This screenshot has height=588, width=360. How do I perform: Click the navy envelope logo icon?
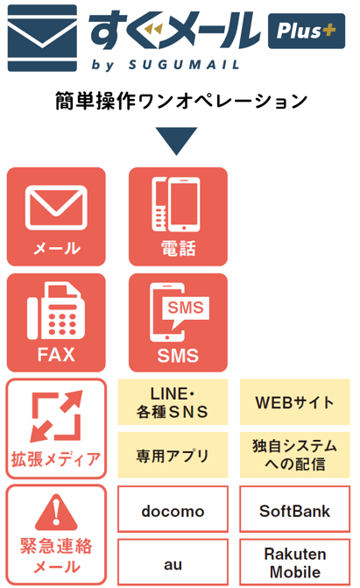coord(42,38)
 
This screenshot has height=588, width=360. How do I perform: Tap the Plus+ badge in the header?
coord(307,32)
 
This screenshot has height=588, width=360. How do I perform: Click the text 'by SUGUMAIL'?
coord(166,65)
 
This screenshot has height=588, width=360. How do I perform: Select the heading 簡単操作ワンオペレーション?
coord(181,101)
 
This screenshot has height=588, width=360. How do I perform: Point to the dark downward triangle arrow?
coord(177,139)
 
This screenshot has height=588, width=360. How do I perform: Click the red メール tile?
coord(56,216)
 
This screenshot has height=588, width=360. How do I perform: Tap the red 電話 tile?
coord(178,216)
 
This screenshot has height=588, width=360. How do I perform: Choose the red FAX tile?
coord(56,322)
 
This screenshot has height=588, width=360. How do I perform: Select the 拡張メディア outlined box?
coord(56,429)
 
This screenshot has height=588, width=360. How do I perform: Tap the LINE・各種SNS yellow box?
coord(173,402)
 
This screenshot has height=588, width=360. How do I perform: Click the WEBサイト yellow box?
coord(295,402)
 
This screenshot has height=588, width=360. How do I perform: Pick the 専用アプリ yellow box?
coord(173,455)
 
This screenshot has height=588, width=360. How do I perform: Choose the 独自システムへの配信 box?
coord(295,455)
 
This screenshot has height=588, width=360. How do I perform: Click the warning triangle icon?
coord(56,513)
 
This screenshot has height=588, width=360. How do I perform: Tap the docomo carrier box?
coord(173,509)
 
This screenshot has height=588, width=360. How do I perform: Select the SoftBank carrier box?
coord(295,509)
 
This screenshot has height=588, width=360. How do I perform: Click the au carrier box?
coord(173,562)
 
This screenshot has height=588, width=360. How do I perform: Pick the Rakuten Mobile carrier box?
coord(295,562)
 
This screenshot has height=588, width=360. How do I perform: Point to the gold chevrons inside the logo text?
coord(154,29)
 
